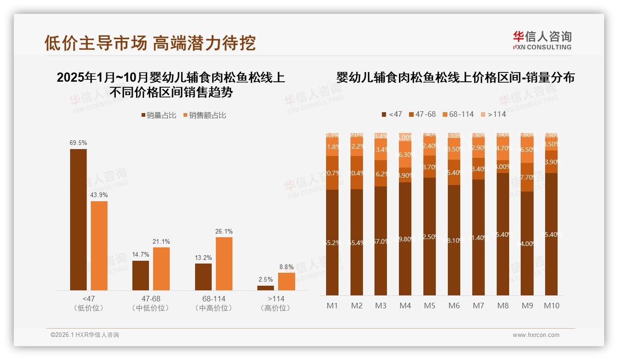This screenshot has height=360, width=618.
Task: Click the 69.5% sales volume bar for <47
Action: (78, 219)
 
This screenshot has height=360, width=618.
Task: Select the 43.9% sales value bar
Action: (99, 246)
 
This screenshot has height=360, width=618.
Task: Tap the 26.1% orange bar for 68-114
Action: (224, 264)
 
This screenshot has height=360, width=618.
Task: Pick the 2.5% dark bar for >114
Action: (266, 288)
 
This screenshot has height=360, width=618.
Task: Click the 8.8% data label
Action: (286, 267)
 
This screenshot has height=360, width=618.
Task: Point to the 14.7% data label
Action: (141, 255)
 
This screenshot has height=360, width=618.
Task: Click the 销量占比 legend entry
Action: (159, 115)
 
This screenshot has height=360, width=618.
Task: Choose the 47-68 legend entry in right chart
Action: (422, 114)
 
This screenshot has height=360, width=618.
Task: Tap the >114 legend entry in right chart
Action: (493, 114)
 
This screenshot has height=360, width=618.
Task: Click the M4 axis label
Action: (405, 306)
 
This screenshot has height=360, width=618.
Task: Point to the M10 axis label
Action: (551, 306)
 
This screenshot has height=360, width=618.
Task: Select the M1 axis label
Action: (332, 306)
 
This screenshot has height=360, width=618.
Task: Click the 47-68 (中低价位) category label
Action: (150, 303)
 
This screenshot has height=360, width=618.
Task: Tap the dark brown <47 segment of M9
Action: (527, 243)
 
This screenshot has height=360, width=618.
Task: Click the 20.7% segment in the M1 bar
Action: (332, 173)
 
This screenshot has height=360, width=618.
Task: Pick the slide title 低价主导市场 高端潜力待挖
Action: (150, 42)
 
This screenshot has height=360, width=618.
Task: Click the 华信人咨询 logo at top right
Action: (542, 40)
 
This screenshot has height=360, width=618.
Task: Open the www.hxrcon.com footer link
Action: (536, 335)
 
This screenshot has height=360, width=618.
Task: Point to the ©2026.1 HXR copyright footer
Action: (85, 335)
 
